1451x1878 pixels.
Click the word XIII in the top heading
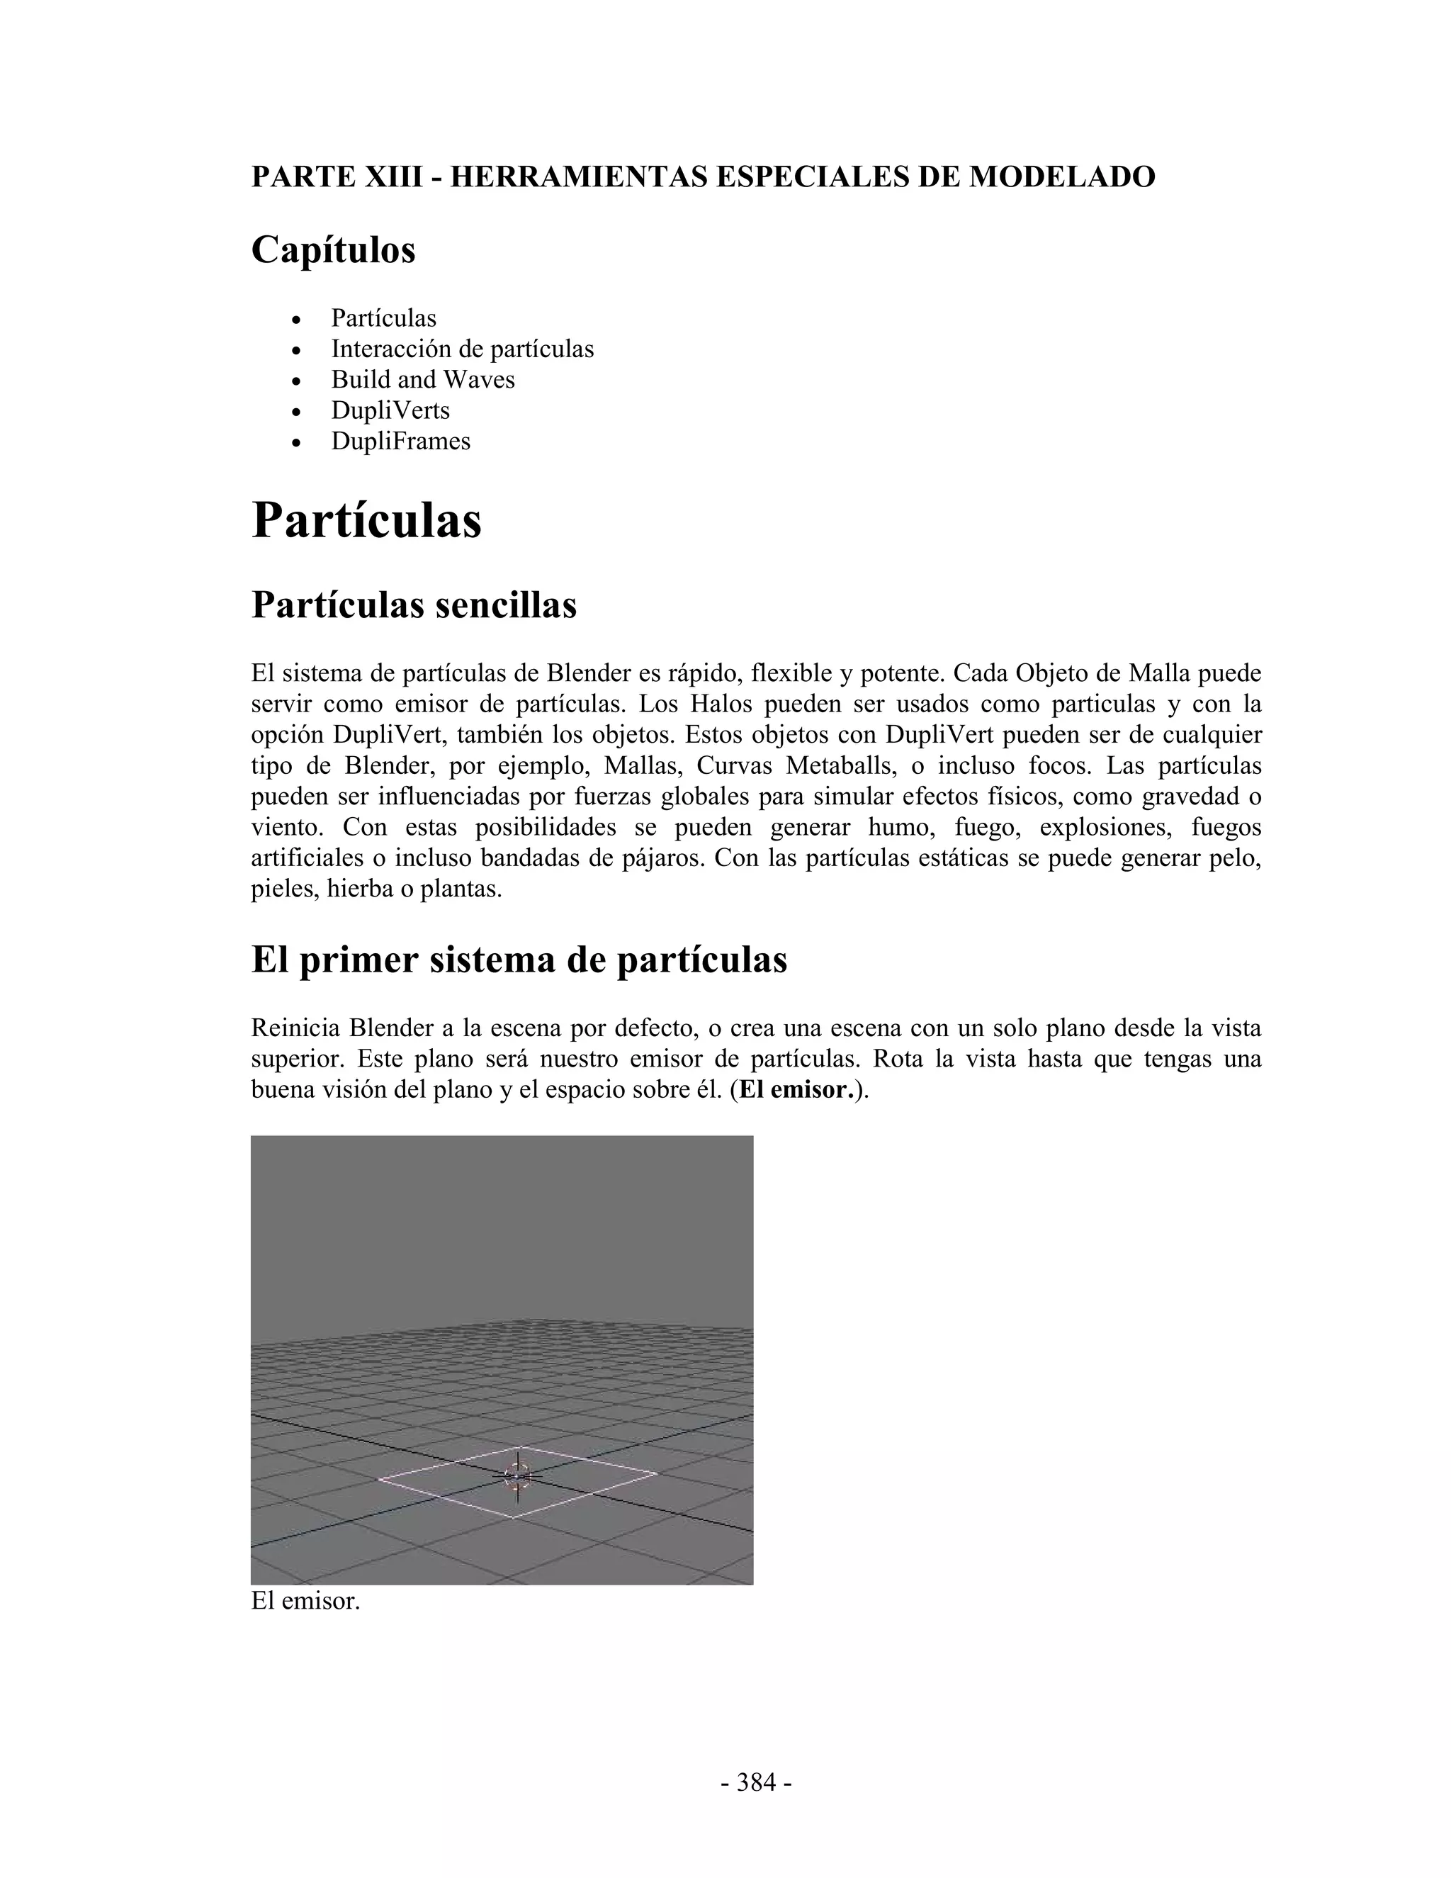[x=395, y=176]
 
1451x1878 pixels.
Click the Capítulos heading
[x=333, y=250]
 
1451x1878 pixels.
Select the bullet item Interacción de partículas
[x=462, y=349]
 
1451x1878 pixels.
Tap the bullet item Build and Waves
[x=423, y=380]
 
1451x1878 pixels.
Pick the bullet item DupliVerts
[x=390, y=411]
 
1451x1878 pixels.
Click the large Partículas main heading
[x=366, y=521]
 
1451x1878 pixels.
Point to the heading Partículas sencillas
[x=414, y=605]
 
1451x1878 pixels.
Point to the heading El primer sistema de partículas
[x=519, y=960]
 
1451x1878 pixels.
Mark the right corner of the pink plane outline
[x=657, y=1473]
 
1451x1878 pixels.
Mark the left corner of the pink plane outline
[x=378, y=1479]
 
